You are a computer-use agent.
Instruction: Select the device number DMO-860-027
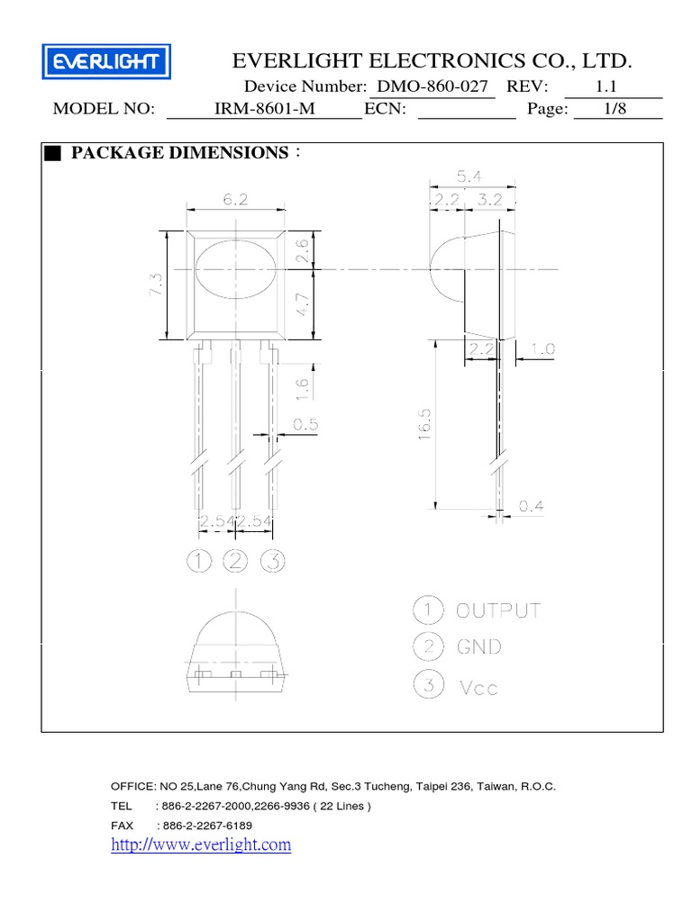pos(432,87)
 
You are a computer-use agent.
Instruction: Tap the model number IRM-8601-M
pos(265,110)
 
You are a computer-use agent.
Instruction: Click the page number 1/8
pos(618,110)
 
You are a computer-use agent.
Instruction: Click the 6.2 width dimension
pos(236,200)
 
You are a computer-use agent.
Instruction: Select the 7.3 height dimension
pos(156,285)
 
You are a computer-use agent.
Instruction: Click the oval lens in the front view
pos(236,268)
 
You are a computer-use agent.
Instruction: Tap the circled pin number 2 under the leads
pos(235,562)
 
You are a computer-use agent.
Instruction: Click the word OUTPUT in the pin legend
pos(498,610)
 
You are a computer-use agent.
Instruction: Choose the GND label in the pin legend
pos(479,646)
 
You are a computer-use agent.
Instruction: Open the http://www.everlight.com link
pos(201,845)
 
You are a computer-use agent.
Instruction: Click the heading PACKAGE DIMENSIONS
pos(179,153)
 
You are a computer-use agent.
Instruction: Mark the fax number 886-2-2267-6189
pos(207,825)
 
